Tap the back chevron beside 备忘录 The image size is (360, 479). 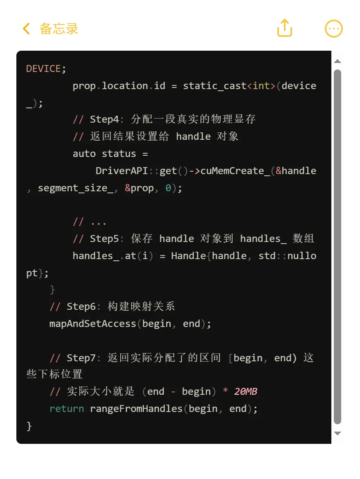pyautogui.click(x=27, y=29)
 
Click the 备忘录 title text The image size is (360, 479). pyautogui.click(x=59, y=29)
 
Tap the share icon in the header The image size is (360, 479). pyautogui.click(x=285, y=28)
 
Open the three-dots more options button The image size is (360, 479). pyautogui.click(x=333, y=29)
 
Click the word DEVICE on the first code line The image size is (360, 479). pyautogui.click(x=43, y=69)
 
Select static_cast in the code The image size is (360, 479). pyautogui.click(x=215, y=86)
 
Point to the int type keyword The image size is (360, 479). pyautogui.click(x=261, y=86)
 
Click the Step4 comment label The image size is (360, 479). pyautogui.click(x=104, y=119)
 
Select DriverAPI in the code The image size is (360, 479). pyautogui.click(x=122, y=170)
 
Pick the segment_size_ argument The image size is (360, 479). pyautogui.click(x=75, y=188)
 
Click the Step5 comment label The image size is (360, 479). pyautogui.click(x=104, y=239)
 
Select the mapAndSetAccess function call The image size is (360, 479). pyautogui.click(x=92, y=324)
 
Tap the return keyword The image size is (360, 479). pyautogui.click(x=67, y=409)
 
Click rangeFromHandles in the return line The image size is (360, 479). pyautogui.click(x=136, y=409)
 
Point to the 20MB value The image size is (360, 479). pyautogui.click(x=245, y=392)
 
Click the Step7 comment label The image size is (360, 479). pyautogui.click(x=81, y=358)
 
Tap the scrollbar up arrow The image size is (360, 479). pyautogui.click(x=337, y=61)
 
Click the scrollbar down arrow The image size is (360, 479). pyautogui.click(x=337, y=433)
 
